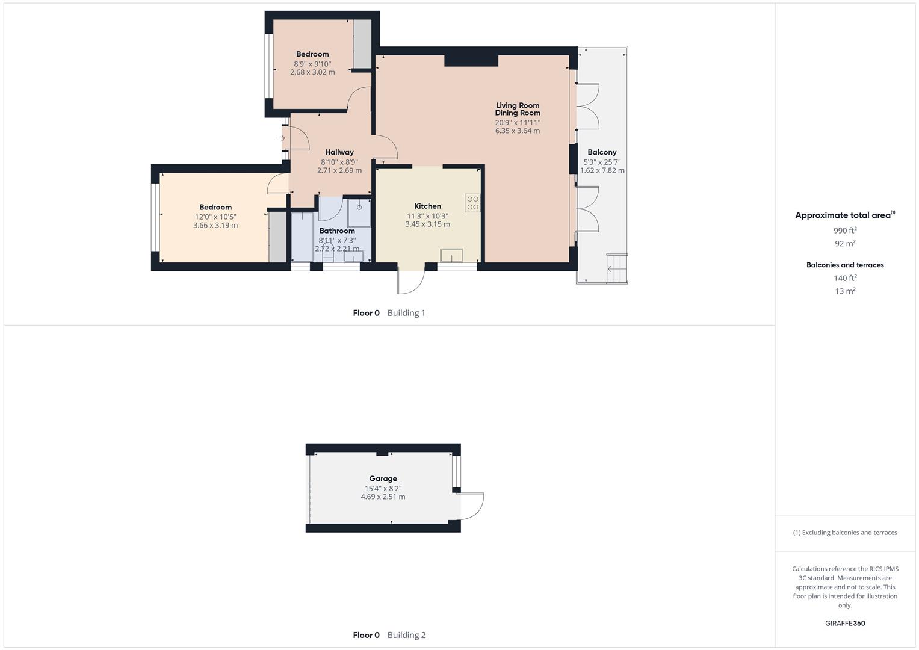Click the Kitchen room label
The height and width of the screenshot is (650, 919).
(x=427, y=206)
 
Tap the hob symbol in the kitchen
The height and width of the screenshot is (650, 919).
(x=472, y=203)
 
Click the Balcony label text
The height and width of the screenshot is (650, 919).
(x=602, y=153)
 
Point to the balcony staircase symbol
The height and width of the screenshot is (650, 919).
(x=617, y=268)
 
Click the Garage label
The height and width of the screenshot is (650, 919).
(x=383, y=479)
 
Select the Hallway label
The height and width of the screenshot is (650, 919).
(x=339, y=153)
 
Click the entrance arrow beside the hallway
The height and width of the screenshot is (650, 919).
(x=282, y=138)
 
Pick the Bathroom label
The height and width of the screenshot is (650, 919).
(x=337, y=231)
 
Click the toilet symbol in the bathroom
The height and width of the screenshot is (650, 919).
(x=328, y=253)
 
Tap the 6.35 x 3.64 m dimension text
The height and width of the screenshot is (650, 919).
(x=517, y=131)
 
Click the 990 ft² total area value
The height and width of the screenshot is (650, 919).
(x=845, y=231)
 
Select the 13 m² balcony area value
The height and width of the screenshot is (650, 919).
(x=845, y=291)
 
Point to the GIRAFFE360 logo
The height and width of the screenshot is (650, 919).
(x=845, y=624)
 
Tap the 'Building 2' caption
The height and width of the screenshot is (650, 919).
(x=406, y=635)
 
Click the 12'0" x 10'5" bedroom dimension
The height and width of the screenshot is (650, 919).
(x=215, y=217)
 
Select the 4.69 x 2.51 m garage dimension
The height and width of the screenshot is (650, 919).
(x=383, y=497)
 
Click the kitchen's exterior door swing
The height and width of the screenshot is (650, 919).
(x=412, y=280)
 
